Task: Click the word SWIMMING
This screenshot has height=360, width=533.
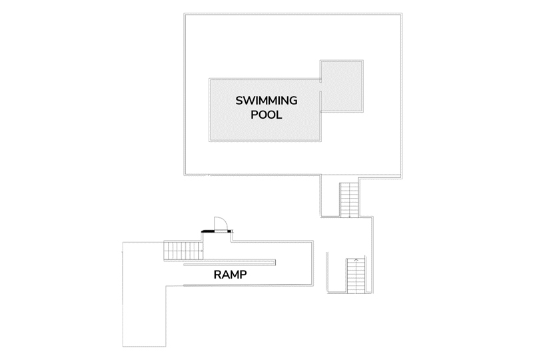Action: pyautogui.click(x=266, y=101)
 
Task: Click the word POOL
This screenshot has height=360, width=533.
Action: pyautogui.click(x=266, y=115)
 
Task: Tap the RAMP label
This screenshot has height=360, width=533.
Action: pyautogui.click(x=230, y=275)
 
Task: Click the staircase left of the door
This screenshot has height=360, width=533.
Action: pyautogui.click(x=183, y=251)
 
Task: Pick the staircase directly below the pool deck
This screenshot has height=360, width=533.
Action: pyautogui.click(x=349, y=200)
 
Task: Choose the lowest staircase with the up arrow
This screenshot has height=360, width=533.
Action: pyautogui.click(x=356, y=276)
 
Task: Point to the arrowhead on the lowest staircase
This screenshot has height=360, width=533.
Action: pyautogui.click(x=356, y=260)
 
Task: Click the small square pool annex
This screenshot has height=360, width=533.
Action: pyautogui.click(x=342, y=86)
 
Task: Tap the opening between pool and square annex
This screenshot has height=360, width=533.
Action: pyautogui.click(x=321, y=87)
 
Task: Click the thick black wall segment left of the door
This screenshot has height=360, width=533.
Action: pyautogui.click(x=208, y=231)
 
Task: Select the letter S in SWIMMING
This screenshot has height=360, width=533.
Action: pyautogui.click(x=239, y=101)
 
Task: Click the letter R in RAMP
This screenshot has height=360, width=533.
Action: pyautogui.click(x=218, y=275)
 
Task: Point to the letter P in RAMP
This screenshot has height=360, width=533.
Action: pyautogui.click(x=243, y=275)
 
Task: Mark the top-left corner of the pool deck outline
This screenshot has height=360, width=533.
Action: pyautogui.click(x=185, y=13)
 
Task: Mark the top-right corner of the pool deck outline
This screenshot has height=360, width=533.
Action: pyautogui.click(x=402, y=13)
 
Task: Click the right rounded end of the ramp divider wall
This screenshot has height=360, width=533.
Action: pyautogui.click(x=275, y=263)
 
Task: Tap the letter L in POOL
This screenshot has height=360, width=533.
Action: pyautogui.click(x=279, y=115)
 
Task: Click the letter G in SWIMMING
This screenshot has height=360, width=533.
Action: pyautogui.click(x=293, y=101)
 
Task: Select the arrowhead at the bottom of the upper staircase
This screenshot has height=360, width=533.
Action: pyautogui.click(x=349, y=217)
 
